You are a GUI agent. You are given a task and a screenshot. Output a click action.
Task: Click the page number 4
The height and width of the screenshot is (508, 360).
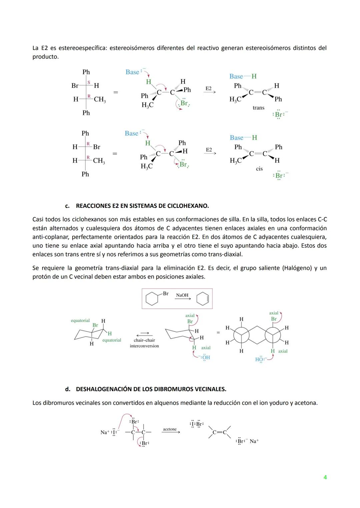(325, 477)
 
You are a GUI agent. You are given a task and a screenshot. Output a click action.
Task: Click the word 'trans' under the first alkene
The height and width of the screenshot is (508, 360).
(258, 108)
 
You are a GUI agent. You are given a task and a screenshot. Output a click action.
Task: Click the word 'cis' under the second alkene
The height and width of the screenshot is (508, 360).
(259, 169)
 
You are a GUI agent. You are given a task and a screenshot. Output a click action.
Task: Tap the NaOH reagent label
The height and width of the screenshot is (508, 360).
(182, 295)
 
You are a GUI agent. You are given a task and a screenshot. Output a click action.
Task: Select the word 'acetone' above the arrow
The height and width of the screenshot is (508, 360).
(170, 429)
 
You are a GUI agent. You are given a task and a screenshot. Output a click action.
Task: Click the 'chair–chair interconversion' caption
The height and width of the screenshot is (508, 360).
(144, 343)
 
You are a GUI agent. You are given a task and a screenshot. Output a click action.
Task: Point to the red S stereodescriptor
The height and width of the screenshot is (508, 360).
(89, 82)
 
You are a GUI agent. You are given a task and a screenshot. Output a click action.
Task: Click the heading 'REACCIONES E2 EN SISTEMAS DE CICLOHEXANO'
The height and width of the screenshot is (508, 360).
(142, 206)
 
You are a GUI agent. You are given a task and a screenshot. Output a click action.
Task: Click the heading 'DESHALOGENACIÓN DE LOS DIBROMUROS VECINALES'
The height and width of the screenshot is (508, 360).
(151, 389)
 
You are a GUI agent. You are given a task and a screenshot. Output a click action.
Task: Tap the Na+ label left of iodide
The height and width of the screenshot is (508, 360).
(105, 432)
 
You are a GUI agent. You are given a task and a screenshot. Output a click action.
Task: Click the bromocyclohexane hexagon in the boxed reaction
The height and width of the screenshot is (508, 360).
(152, 299)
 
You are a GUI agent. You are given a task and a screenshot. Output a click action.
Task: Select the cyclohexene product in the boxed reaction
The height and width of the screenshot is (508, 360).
(203, 299)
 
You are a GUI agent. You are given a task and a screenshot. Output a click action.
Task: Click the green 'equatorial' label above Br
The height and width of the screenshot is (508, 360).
(80, 320)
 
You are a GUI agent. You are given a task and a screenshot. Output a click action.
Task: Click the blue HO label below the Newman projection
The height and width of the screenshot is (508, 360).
(259, 359)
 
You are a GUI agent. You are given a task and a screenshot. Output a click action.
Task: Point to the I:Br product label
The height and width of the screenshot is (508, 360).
(196, 424)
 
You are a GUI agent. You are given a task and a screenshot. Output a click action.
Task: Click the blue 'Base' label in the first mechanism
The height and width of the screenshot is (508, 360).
(132, 72)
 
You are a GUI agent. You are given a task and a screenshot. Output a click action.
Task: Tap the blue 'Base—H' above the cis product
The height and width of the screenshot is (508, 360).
(243, 138)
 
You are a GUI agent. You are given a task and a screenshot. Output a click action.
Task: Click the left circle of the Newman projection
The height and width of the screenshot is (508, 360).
(241, 335)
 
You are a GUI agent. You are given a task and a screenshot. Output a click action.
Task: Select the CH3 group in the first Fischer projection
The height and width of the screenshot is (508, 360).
(100, 99)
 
